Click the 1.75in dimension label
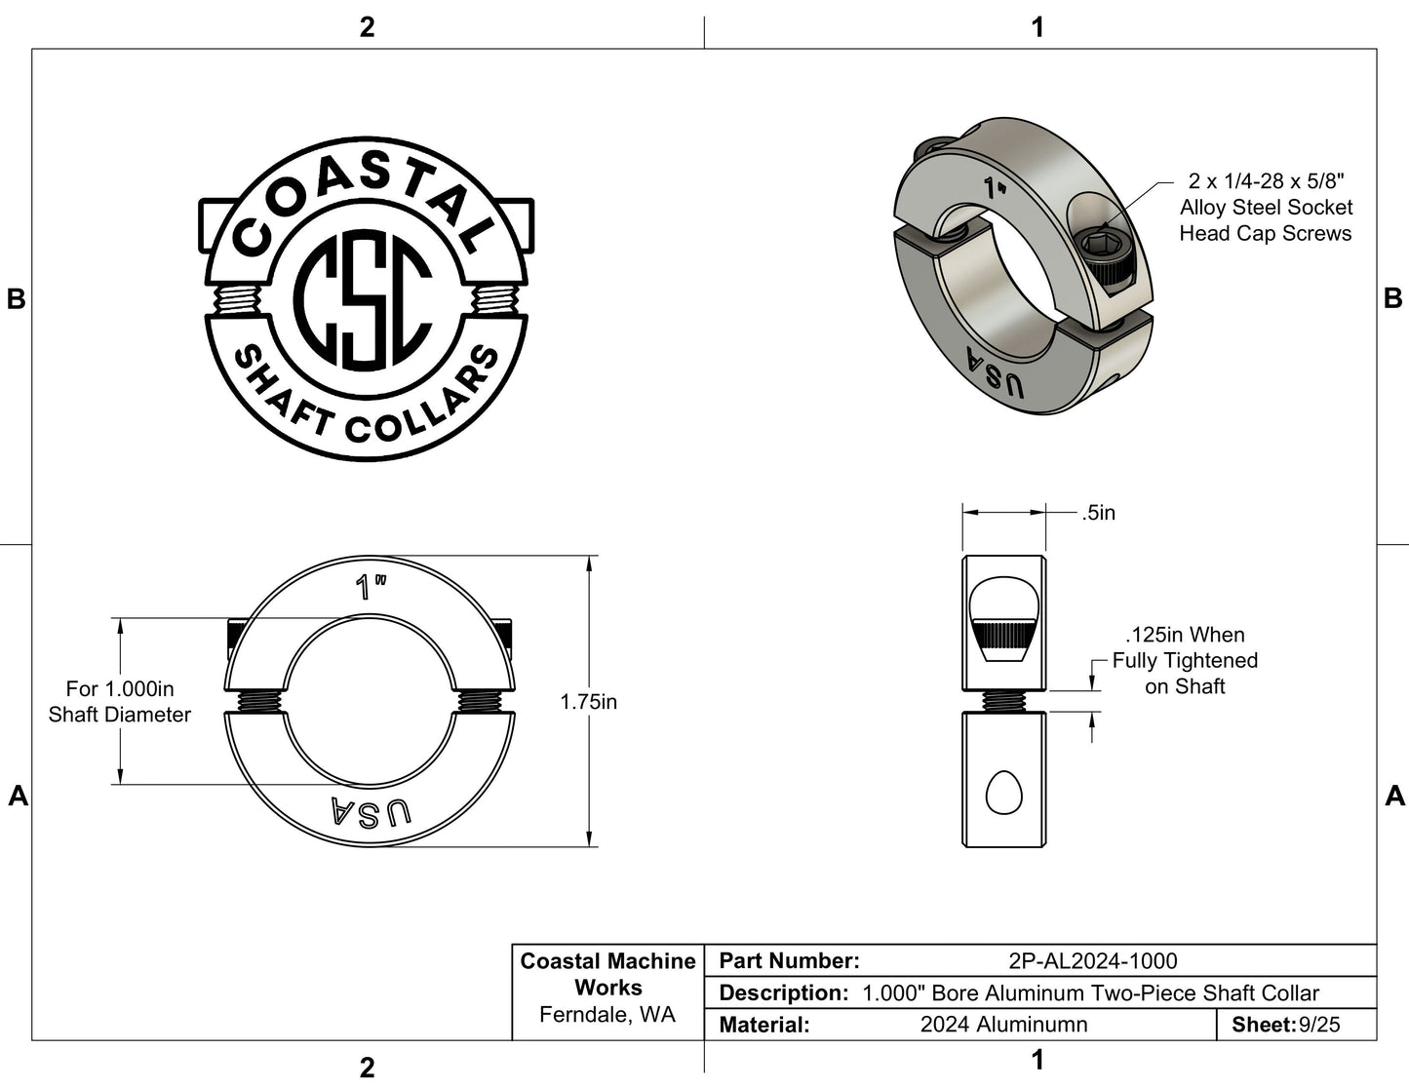click(588, 702)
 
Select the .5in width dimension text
click(1098, 513)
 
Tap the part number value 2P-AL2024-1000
click(1092, 961)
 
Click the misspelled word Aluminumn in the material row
click(1003, 1025)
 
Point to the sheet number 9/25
click(1319, 1025)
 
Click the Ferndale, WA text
click(607, 1015)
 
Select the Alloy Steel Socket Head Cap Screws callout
click(1265, 208)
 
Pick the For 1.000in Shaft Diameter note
click(120, 702)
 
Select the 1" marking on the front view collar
click(371, 587)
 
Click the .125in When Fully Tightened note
click(1185, 661)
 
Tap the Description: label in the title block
click(783, 993)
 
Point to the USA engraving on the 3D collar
click(995, 373)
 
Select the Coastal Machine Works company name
click(607, 974)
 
